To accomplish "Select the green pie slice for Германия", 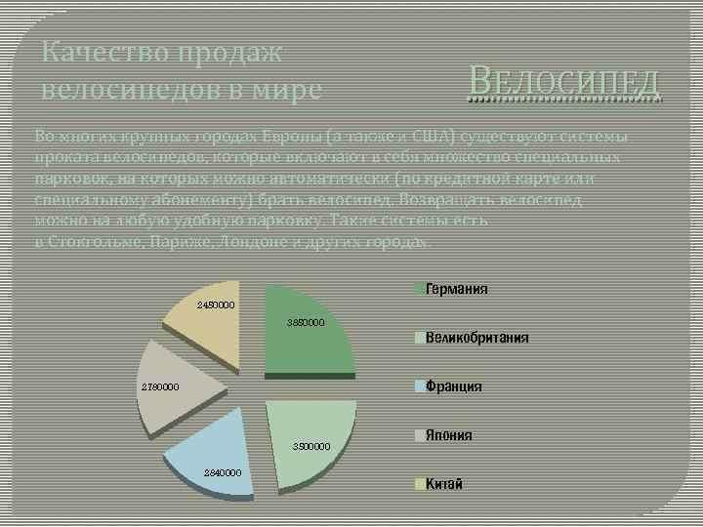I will point(308,337).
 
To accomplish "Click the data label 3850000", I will point(306,322).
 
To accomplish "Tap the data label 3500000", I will point(313,446).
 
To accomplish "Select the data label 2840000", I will point(223,472).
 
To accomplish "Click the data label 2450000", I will point(217,305).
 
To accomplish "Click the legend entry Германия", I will point(456,289).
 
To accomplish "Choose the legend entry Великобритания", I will point(476,338).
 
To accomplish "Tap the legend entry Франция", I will point(453,386).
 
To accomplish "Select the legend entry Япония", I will point(448,435).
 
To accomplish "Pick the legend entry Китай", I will point(443,484).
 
